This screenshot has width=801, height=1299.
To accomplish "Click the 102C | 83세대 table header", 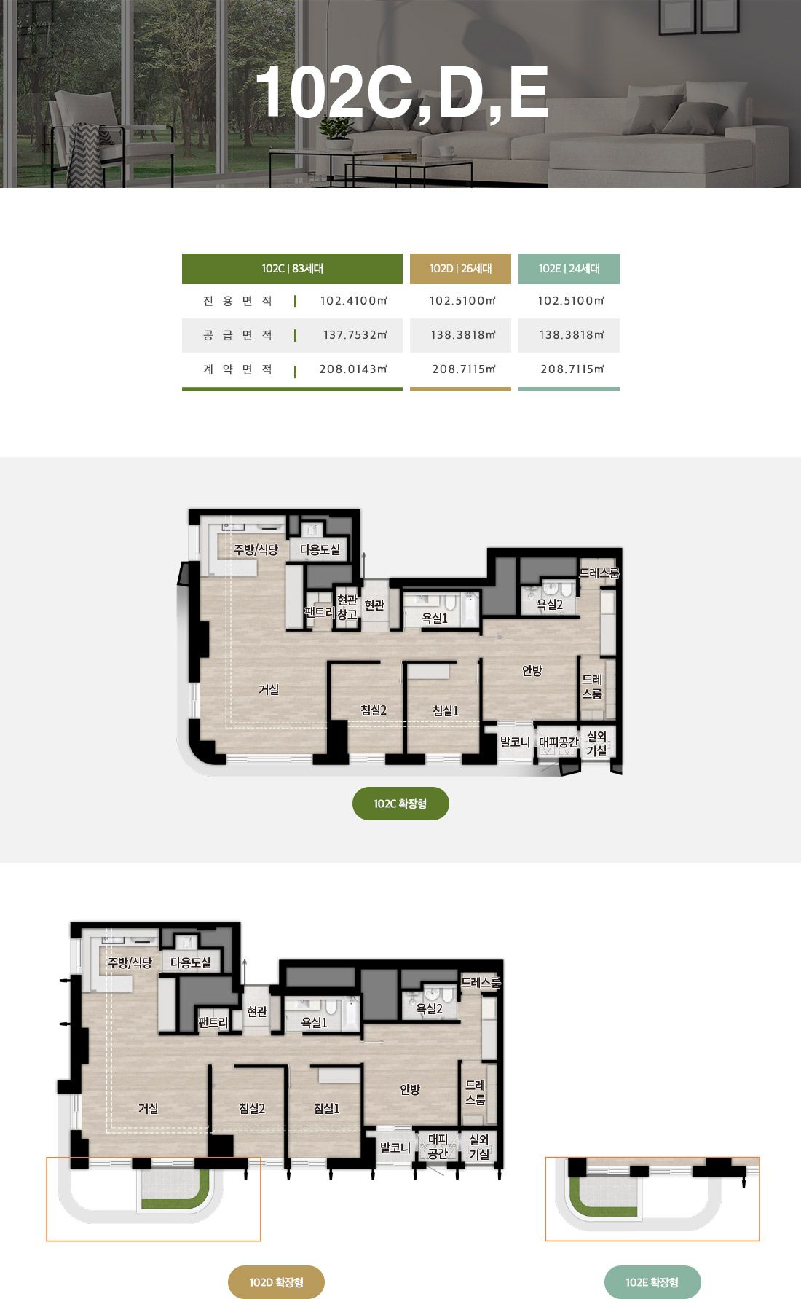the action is (x=292, y=269).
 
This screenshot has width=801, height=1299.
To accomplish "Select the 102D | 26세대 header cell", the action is (x=460, y=269).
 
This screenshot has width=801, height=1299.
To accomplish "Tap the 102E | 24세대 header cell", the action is (x=569, y=269).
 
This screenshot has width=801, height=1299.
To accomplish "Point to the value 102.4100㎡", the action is (x=353, y=301).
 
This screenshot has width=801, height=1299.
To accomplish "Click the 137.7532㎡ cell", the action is (x=355, y=335).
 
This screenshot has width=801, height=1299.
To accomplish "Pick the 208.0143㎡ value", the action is (x=353, y=369).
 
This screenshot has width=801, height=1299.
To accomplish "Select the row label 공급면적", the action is (x=237, y=335).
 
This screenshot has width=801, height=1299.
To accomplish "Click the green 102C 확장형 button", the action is (x=400, y=804).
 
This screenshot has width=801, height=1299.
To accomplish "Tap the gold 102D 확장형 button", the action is (x=276, y=1282).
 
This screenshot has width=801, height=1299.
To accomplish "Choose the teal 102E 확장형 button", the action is (x=652, y=1282).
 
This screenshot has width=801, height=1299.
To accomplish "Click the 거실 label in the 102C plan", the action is (x=269, y=689).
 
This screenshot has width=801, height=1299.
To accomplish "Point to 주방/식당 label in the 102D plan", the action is (x=130, y=962).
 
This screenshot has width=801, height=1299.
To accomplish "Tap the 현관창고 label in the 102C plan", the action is (x=347, y=607).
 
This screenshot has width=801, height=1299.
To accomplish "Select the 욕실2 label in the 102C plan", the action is (x=550, y=604).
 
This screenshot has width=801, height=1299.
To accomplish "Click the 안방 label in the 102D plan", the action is (x=410, y=1089).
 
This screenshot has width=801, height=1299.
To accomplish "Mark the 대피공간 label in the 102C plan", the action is (x=559, y=742).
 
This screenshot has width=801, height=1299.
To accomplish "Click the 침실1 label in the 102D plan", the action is (x=327, y=1108).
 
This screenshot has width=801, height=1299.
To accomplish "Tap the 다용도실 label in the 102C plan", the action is (x=320, y=549).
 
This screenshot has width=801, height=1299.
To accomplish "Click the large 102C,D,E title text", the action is (x=402, y=93).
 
